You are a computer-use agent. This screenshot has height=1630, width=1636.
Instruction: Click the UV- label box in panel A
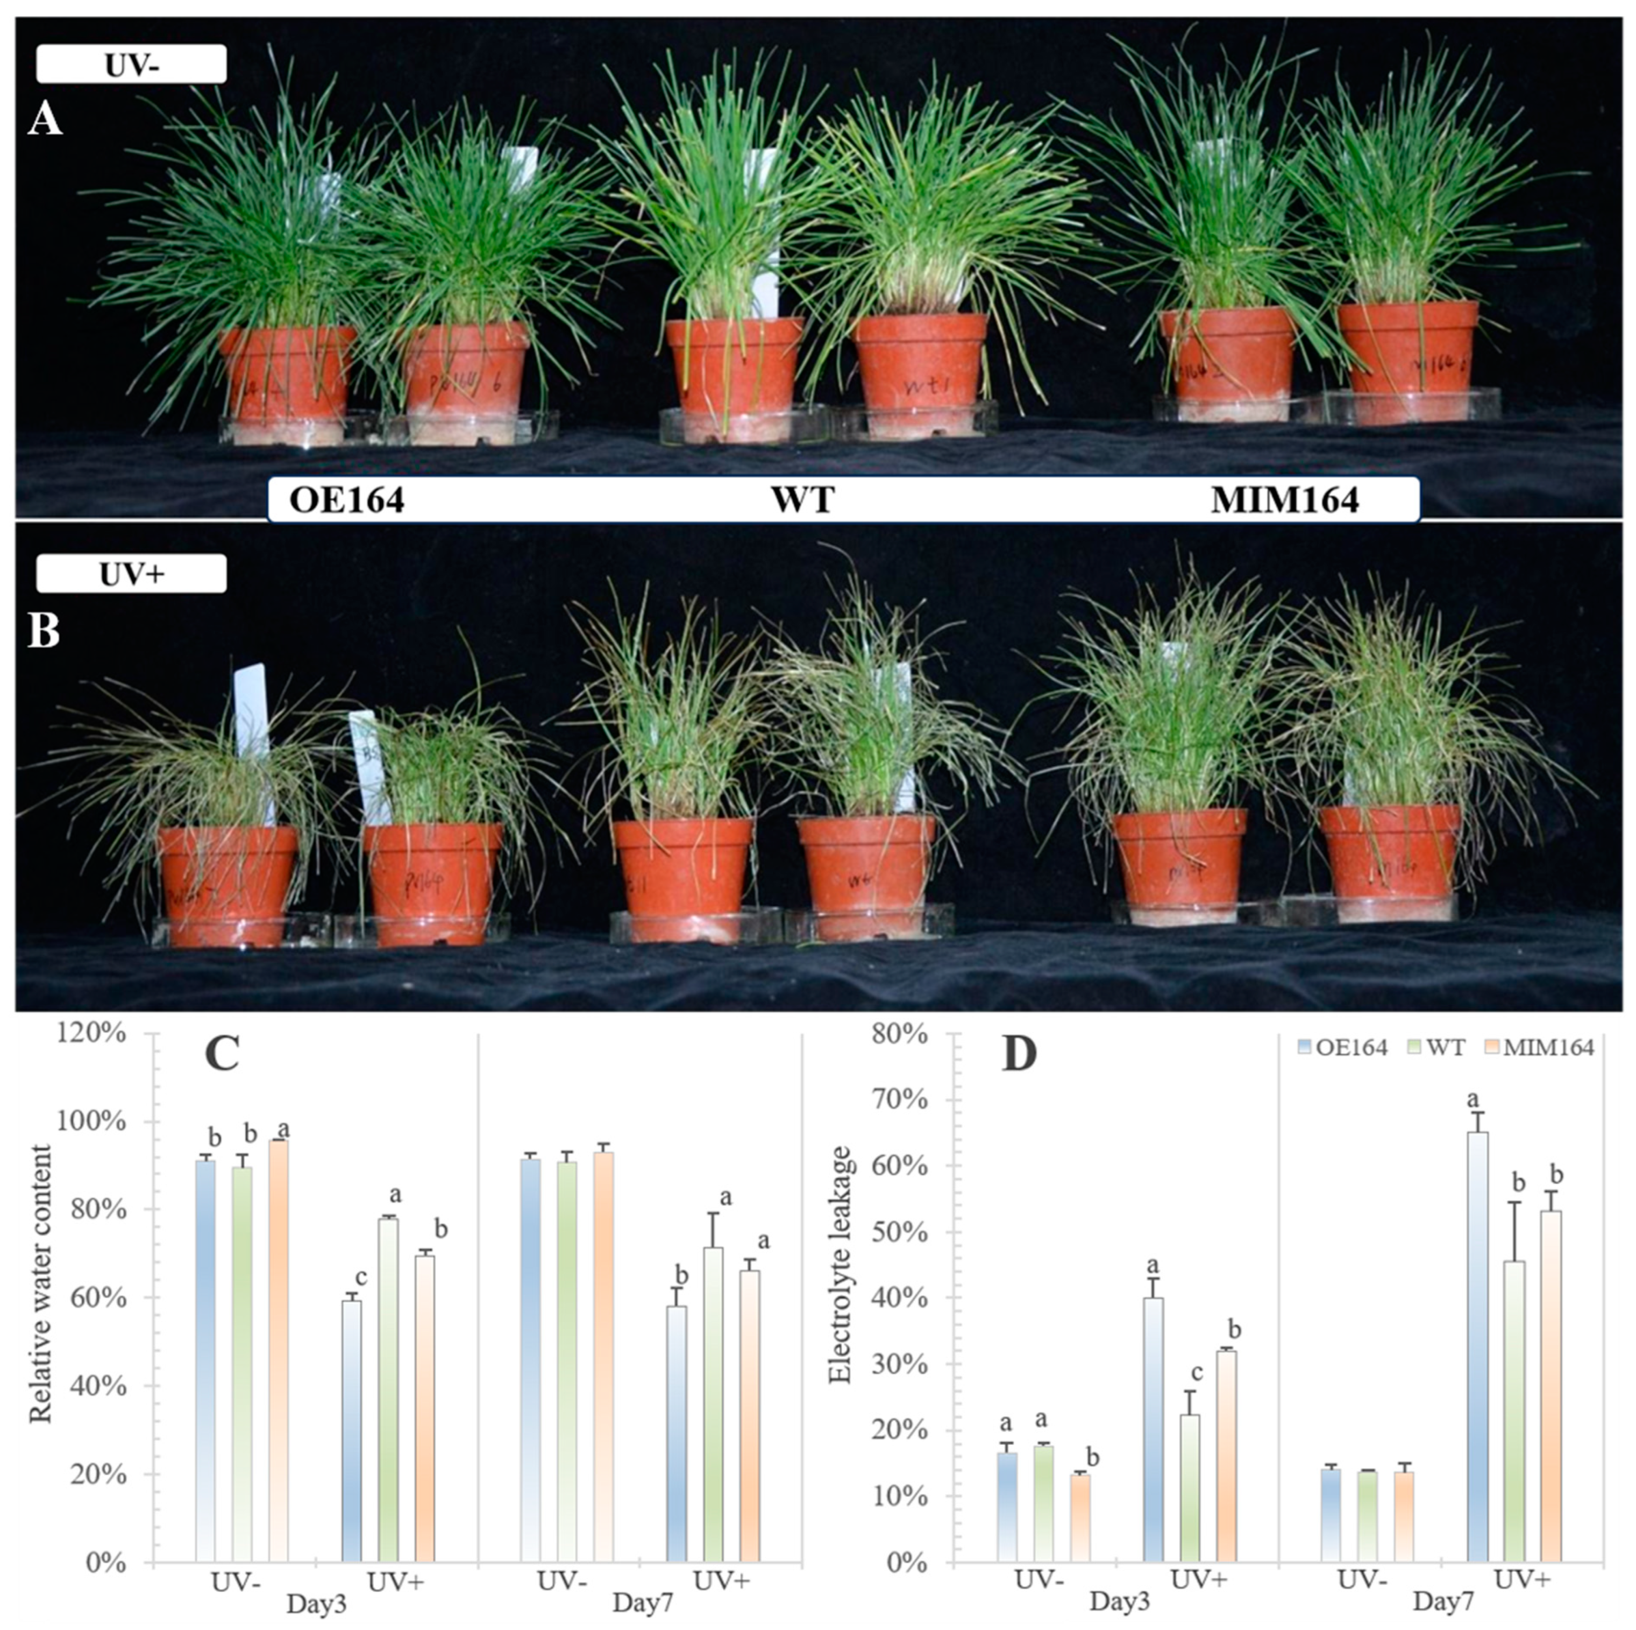[131, 65]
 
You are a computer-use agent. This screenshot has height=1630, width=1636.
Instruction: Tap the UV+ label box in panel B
[131, 574]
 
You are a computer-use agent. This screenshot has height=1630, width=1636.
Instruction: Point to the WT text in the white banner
[802, 500]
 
